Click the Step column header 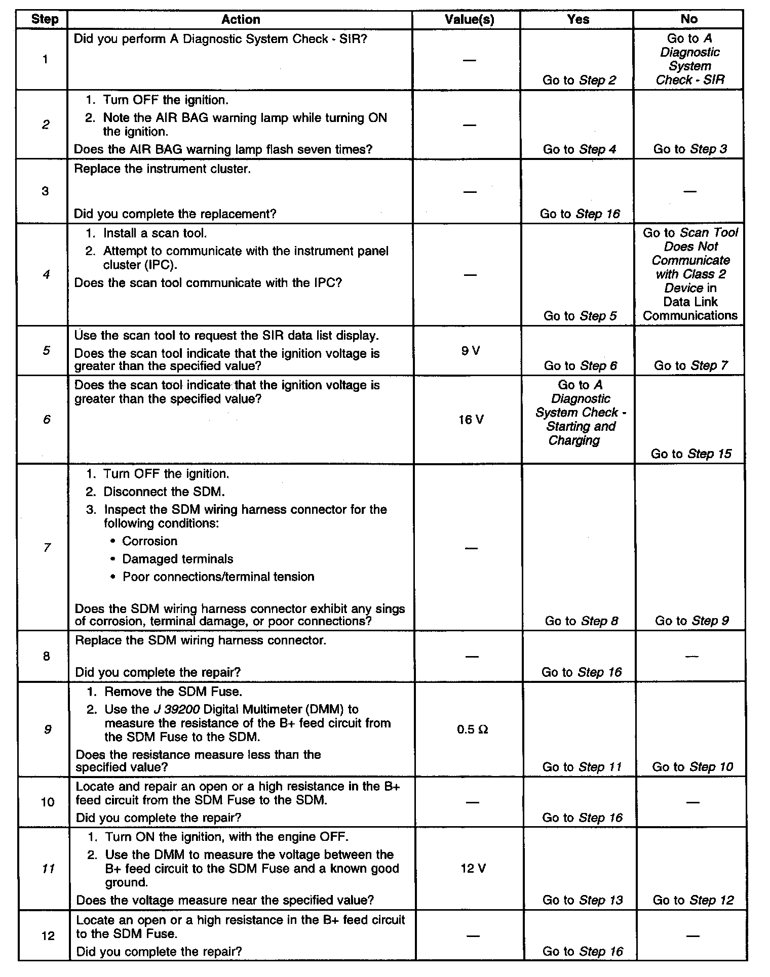[x=45, y=20]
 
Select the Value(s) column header [x=469, y=20]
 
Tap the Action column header [x=241, y=20]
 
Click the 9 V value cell [x=471, y=351]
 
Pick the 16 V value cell [x=471, y=420]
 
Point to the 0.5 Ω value [x=472, y=729]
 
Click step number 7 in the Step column [x=47, y=547]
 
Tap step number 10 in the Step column [x=47, y=802]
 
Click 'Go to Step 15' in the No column [x=691, y=454]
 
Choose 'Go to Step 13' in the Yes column [x=583, y=900]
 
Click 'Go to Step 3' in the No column [x=690, y=149]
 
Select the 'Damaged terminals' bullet [x=177, y=559]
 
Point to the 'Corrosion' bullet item [x=149, y=541]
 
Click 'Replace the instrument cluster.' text [x=162, y=169]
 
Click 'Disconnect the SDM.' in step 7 [x=164, y=492]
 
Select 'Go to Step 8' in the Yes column [x=581, y=621]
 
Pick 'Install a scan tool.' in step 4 [x=155, y=233]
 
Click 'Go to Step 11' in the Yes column [x=582, y=767]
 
